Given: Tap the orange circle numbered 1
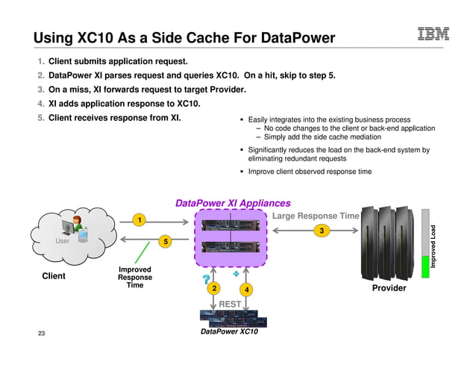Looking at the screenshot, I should pyautogui.click(x=138, y=219).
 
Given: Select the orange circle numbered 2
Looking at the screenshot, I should pyautogui.click(x=213, y=288).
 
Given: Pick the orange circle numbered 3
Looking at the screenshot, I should pyautogui.click(x=322, y=231).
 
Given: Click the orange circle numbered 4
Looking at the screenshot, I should pyautogui.click(x=247, y=289).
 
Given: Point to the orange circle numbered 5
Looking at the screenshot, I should pyautogui.click(x=166, y=241).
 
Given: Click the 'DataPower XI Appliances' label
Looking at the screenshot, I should pyautogui.click(x=232, y=203).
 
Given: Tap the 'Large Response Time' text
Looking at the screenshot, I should pyautogui.click(x=316, y=216).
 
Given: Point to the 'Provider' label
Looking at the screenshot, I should pyautogui.click(x=389, y=288).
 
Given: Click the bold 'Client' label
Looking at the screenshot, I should pyautogui.click(x=54, y=276).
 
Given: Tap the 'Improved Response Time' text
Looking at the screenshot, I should pyautogui.click(x=135, y=277).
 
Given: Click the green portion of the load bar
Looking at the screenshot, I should pyautogui.click(x=425, y=267).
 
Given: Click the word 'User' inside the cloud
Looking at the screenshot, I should pyautogui.click(x=63, y=241).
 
